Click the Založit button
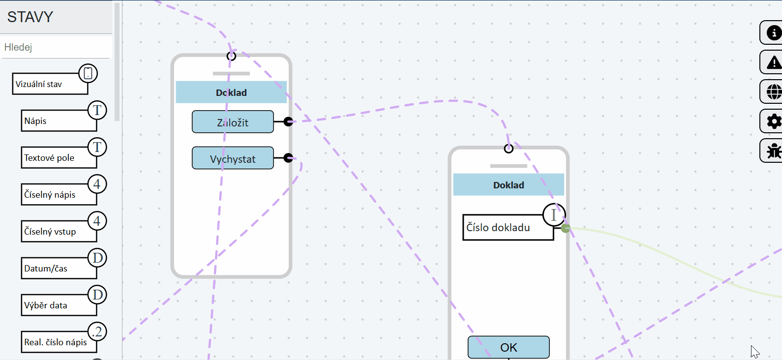(x=233, y=122)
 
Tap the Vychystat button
(x=233, y=158)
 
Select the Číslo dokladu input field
(x=509, y=227)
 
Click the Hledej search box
(x=56, y=47)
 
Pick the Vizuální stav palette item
(x=50, y=84)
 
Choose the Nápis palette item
(x=59, y=121)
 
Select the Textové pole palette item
(x=59, y=158)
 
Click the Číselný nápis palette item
(x=59, y=194)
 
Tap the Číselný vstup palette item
(x=59, y=232)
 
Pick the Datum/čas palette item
(x=59, y=268)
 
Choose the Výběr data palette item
(x=59, y=305)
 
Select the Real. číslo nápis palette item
(x=59, y=342)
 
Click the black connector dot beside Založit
(x=288, y=121)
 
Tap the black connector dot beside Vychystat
(x=288, y=158)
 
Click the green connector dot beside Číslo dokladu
(x=566, y=229)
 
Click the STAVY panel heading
(x=30, y=17)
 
